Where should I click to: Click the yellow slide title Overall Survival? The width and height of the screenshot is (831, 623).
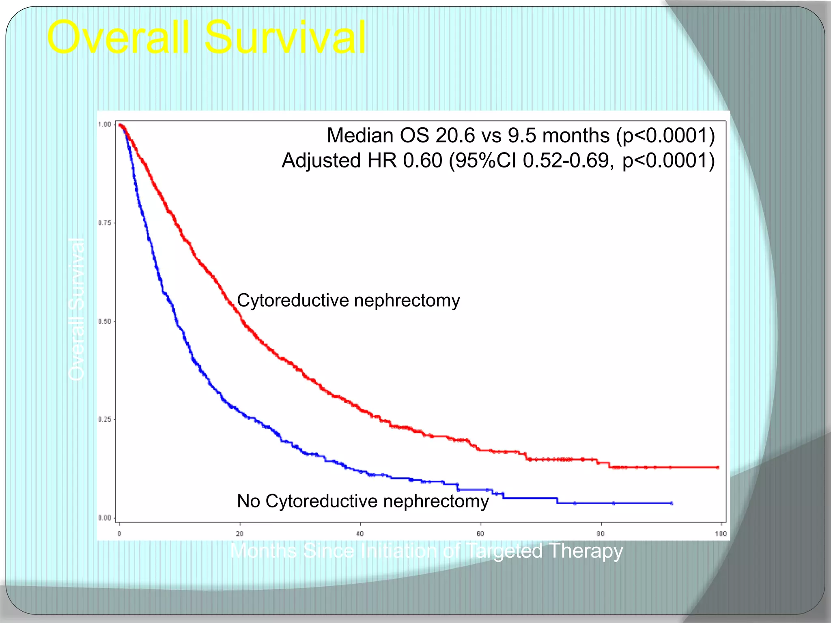[206, 37]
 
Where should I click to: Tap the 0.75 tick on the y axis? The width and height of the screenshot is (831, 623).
[105, 223]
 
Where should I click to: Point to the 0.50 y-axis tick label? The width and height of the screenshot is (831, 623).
[105, 321]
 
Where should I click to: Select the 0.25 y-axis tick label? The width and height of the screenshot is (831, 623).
[105, 419]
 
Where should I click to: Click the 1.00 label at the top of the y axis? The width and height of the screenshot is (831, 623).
[105, 125]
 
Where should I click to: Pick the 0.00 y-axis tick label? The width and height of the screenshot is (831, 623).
[105, 518]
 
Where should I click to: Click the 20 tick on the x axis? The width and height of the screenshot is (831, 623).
[240, 533]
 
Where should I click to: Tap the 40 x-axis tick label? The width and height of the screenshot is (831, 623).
[360, 533]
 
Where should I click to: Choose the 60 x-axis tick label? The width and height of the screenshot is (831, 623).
[480, 533]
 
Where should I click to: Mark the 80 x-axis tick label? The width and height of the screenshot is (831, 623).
[601, 533]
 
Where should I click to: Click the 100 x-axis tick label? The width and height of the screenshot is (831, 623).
[721, 533]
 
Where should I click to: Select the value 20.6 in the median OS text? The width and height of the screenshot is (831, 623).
[455, 135]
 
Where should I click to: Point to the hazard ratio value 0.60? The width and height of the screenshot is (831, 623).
[422, 161]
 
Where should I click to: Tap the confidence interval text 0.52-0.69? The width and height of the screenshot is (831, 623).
[566, 161]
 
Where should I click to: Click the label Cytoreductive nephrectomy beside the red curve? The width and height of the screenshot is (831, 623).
[348, 301]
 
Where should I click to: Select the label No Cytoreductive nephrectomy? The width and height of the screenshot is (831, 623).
[363, 501]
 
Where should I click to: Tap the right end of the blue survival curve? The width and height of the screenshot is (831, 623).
[672, 503]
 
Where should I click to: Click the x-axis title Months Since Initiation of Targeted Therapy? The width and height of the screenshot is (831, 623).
[426, 551]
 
